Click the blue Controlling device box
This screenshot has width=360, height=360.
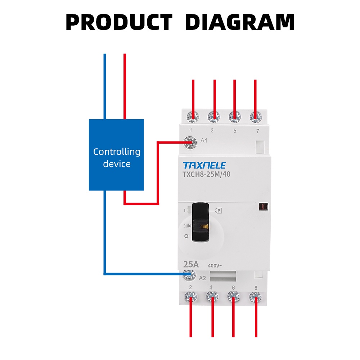(116, 155)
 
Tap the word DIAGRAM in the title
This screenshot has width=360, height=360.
(240, 22)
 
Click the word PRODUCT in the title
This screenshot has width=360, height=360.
(119, 22)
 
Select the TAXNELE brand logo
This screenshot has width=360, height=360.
(204, 166)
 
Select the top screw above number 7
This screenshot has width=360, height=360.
(256, 116)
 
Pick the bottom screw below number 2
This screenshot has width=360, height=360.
(190, 297)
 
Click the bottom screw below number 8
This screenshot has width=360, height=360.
(255, 297)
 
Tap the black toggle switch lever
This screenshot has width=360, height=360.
(200, 221)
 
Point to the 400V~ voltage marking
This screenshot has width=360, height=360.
(215, 266)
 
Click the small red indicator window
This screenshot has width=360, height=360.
(263, 207)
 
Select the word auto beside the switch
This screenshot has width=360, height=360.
(187, 226)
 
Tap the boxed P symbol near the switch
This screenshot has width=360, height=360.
(219, 211)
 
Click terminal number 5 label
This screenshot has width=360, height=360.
(235, 131)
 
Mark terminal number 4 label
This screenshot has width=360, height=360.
(211, 287)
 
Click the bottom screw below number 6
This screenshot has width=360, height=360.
(234, 297)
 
